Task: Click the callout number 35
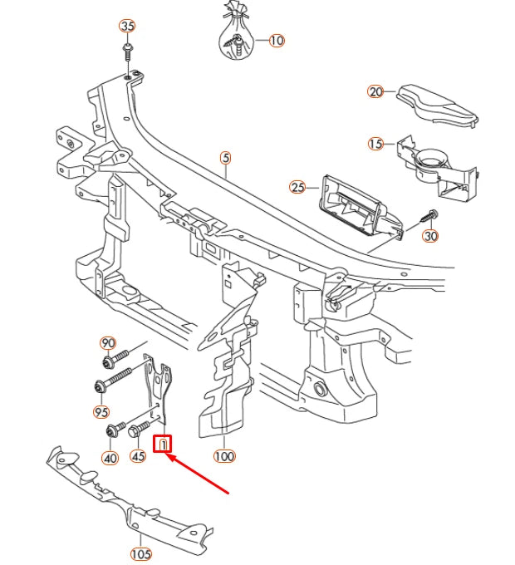pos(127,26)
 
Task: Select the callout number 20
pos(375,91)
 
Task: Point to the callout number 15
pos(375,144)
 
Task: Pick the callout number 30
pos(430,236)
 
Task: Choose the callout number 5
pos(224,157)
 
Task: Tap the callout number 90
pos(107,343)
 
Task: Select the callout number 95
pos(101,411)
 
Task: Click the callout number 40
pos(110,457)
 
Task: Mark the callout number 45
pos(138,456)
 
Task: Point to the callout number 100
pos(224,456)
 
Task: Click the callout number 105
pos(141,554)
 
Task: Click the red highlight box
pos(164,445)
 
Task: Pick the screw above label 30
pos(430,214)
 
